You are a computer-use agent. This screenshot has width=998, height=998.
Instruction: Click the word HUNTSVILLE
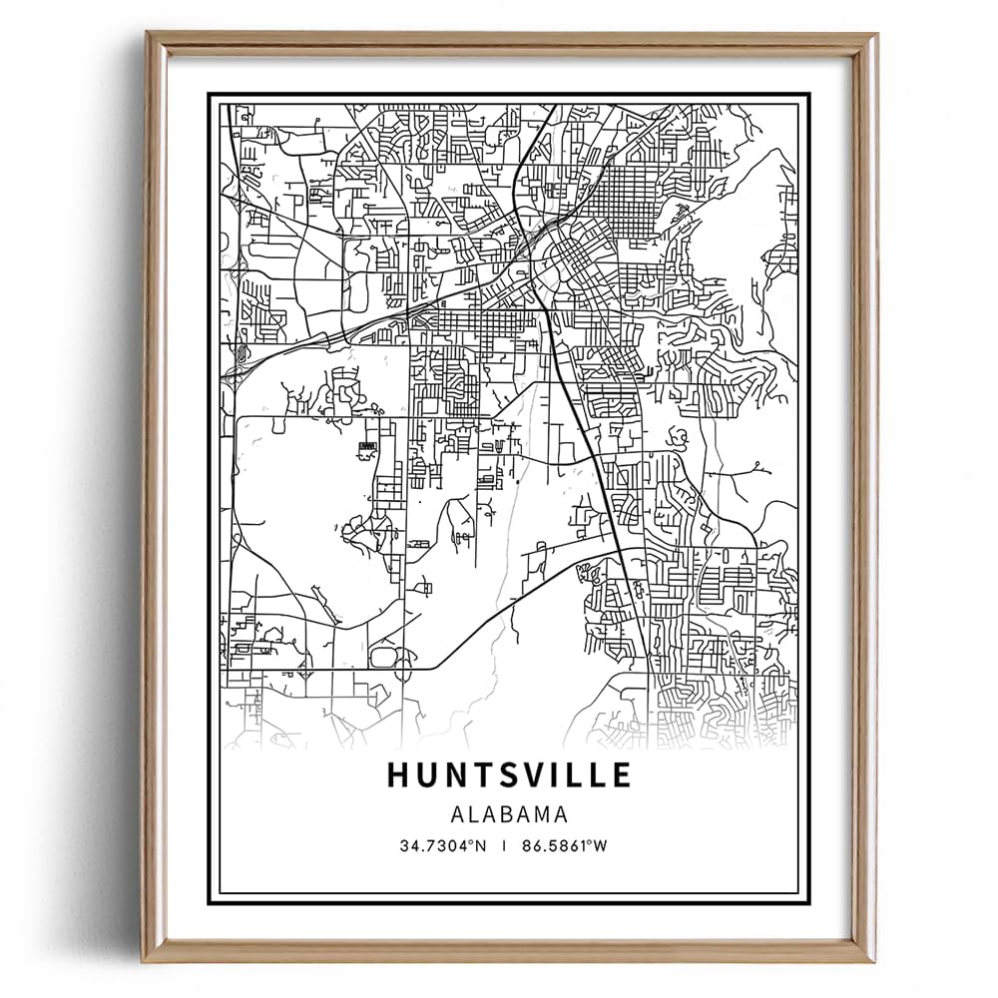509,774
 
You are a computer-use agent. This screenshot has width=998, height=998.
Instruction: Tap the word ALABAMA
509,814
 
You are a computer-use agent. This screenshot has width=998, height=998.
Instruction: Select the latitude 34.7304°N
442,845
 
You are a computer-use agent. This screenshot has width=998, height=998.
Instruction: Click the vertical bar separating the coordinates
508,845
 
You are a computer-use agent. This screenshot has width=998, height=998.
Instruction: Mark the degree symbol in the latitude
471,842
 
